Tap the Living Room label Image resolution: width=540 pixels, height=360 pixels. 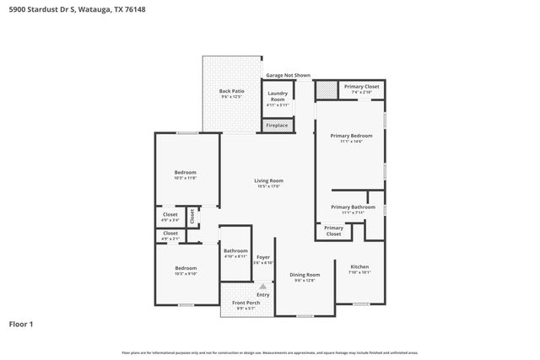tap(269, 180)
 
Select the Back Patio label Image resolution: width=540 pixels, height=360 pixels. tap(231, 91)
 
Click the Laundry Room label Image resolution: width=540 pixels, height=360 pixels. tap(278, 98)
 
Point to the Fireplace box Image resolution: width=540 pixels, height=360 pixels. tap(277, 126)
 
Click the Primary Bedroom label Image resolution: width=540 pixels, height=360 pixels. tap(350, 135)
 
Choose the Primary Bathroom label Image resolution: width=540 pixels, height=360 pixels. tap(352, 207)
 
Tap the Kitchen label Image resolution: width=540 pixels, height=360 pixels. tap(359, 267)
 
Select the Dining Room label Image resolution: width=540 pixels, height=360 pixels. tap(305, 275)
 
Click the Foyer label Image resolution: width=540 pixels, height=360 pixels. tap(263, 256)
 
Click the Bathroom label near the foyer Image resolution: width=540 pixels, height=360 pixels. tap(235, 250)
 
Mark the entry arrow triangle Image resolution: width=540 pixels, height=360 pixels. tap(263, 287)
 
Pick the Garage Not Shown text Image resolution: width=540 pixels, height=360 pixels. tap(288, 75)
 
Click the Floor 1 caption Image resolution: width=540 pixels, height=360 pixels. tap(22, 324)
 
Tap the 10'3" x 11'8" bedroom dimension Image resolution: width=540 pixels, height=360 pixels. tap(185, 178)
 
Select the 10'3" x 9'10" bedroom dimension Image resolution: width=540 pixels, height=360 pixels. tap(185, 273)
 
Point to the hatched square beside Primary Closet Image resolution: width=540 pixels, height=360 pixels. tap(326, 89)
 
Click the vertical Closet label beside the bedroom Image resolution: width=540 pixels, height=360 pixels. tap(192, 216)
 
